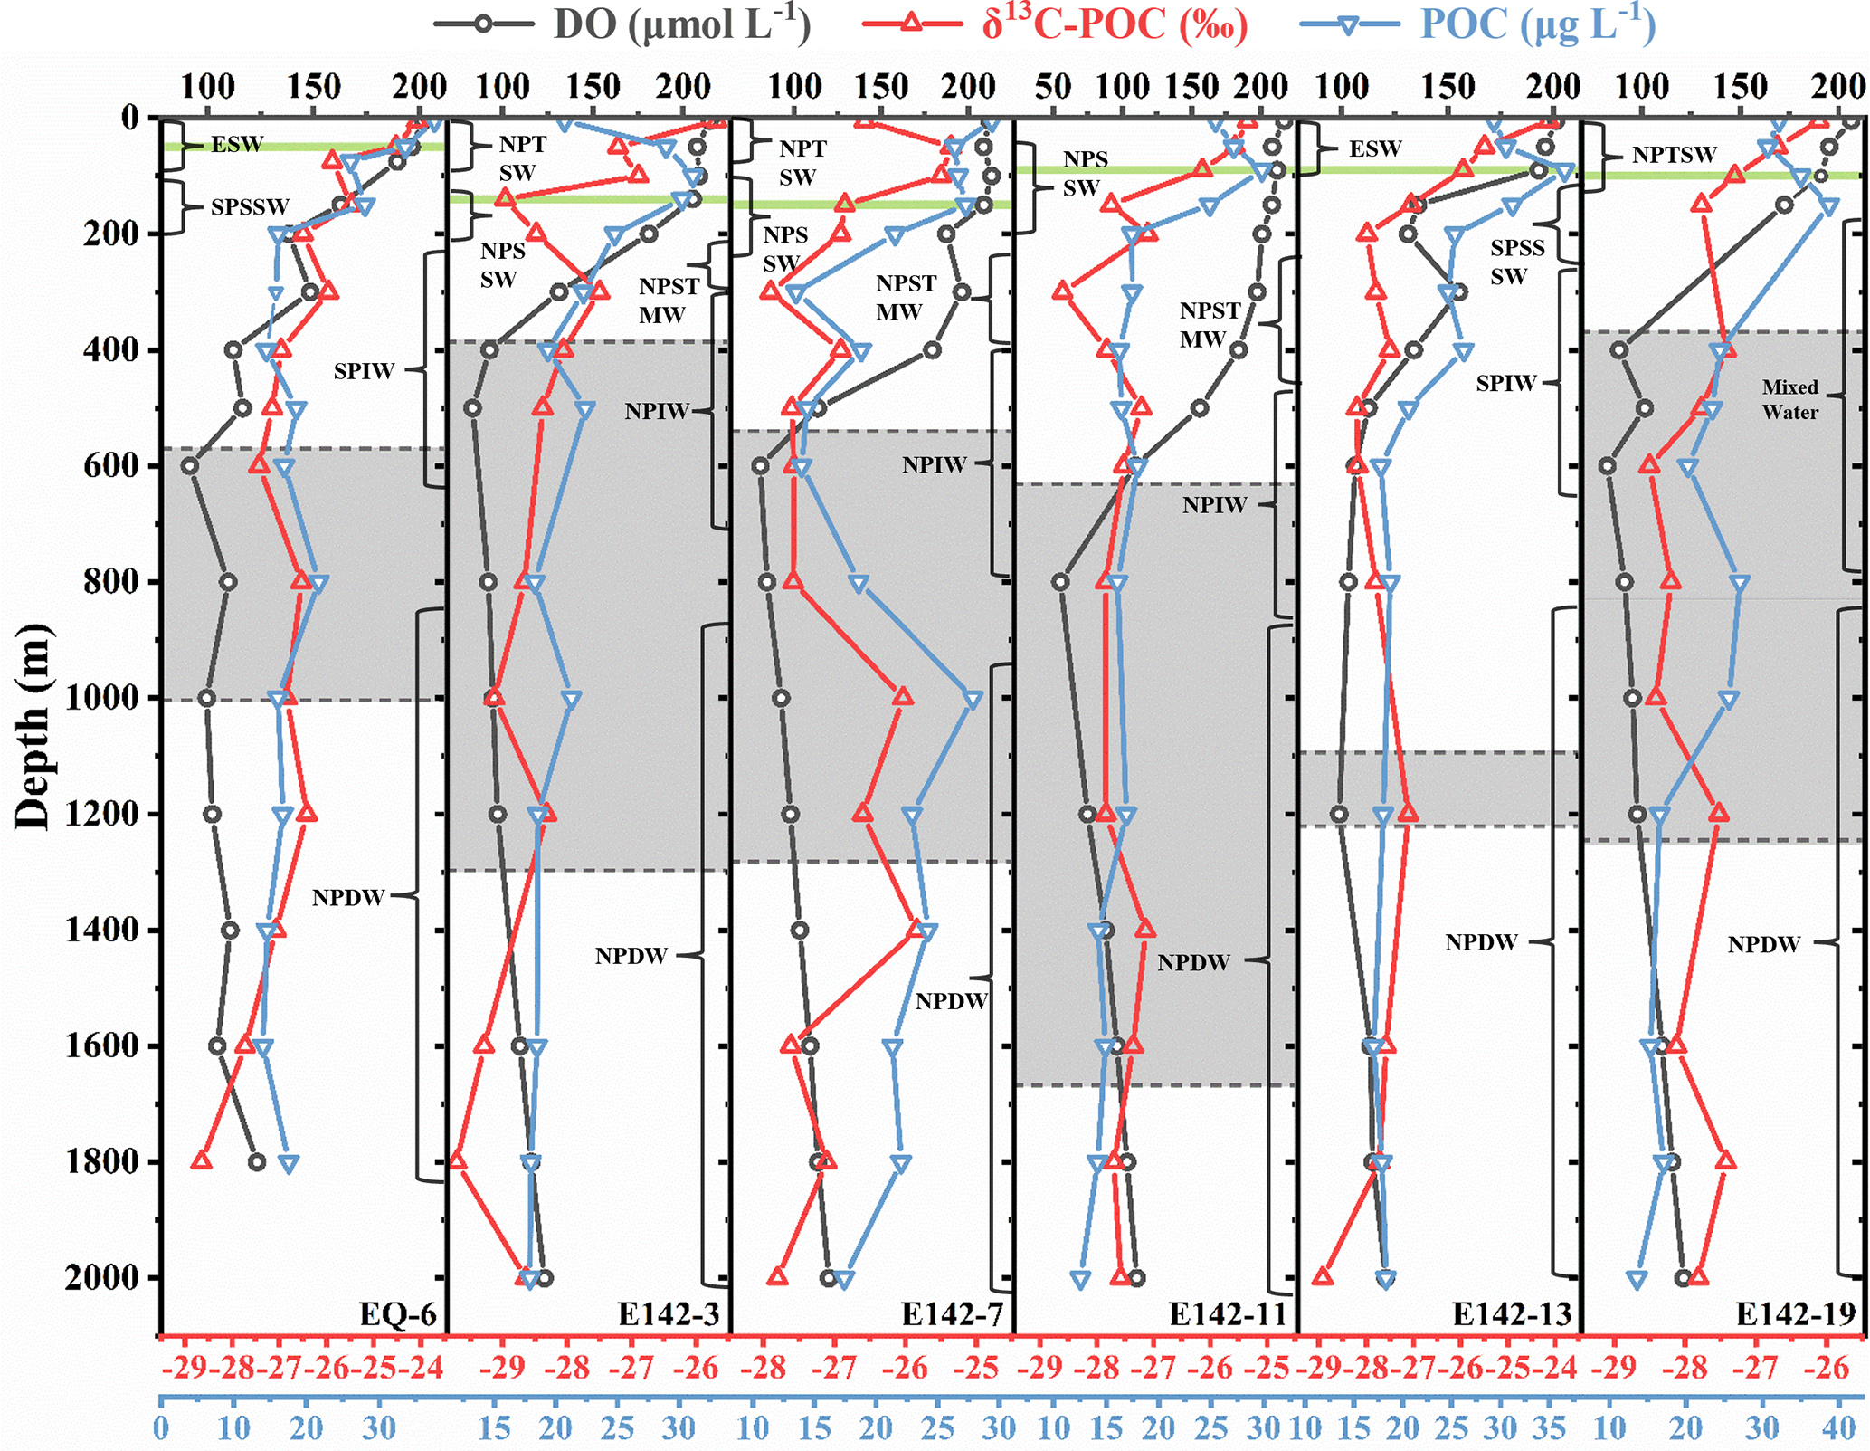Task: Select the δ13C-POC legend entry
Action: pos(1055,24)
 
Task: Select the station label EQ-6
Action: pos(397,1313)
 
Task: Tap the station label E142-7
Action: pos(952,1313)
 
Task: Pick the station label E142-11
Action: pos(1228,1313)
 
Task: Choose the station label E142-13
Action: pos(1512,1313)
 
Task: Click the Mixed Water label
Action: pos(1789,399)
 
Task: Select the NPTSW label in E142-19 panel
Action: pos(1674,156)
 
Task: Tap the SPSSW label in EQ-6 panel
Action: pos(250,207)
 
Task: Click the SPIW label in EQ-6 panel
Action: pos(364,371)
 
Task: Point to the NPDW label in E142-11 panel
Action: pos(1193,962)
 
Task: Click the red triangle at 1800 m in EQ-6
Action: pos(202,1161)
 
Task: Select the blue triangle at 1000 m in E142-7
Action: pos(973,700)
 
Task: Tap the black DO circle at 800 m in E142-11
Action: pos(1060,581)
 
